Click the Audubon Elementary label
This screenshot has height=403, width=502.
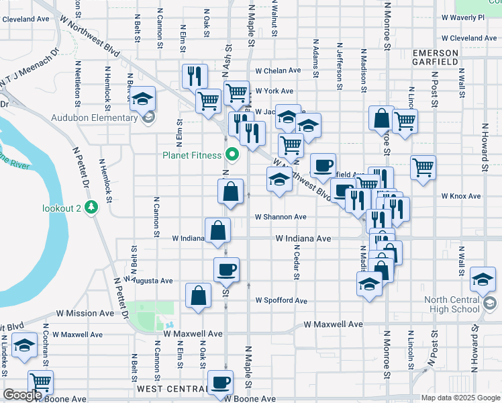coord(95,118)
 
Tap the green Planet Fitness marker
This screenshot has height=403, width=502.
coord(233,155)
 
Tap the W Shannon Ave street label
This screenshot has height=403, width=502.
coord(281,217)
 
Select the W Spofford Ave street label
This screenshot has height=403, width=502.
coord(281,301)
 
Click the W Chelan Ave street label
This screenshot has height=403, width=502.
coord(278,71)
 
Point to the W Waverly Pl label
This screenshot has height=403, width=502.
coord(462,17)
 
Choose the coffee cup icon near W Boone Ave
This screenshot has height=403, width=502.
coord(220,383)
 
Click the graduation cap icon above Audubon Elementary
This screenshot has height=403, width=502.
coord(142,99)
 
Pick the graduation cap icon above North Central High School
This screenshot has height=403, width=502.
coord(483,279)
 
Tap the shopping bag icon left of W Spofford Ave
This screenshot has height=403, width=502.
coord(199,296)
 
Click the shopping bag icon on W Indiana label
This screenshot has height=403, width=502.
coord(219,231)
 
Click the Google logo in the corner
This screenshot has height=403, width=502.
coord(22,395)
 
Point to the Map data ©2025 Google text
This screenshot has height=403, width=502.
coord(459,398)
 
